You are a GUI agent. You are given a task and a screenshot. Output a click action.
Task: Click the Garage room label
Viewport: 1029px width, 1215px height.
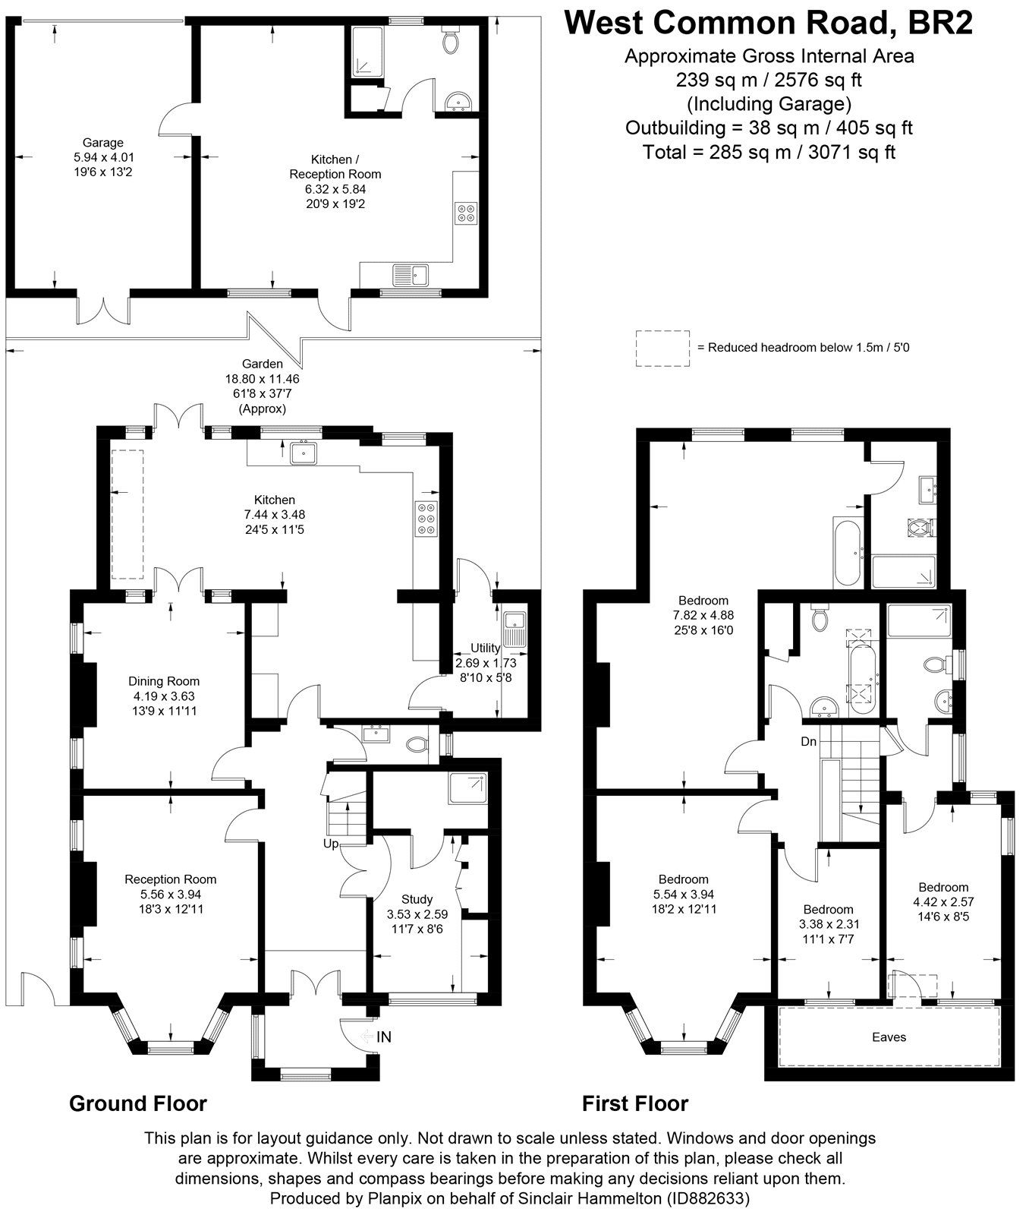103,143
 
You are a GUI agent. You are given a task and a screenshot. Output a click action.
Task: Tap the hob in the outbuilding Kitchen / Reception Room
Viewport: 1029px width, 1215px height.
464,213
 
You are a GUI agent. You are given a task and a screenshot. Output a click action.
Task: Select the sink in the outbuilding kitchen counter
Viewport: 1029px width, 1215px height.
410,273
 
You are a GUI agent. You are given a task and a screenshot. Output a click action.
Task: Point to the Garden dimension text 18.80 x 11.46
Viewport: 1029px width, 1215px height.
263,379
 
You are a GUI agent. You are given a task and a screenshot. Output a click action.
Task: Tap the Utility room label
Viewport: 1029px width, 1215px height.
485,648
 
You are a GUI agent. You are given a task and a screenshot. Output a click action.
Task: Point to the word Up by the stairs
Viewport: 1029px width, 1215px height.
330,843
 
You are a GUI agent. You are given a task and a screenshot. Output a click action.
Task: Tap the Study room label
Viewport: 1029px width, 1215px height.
417,899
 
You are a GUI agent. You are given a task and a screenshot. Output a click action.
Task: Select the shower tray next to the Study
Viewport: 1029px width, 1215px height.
467,788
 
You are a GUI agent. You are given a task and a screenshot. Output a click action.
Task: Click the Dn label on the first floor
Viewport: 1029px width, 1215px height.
808,741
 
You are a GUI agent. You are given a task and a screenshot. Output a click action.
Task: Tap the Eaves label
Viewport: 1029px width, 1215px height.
889,1037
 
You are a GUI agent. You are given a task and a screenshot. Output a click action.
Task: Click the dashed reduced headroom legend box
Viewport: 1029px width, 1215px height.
662,349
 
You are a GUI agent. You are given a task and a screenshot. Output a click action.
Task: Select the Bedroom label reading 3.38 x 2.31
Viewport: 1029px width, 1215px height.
828,910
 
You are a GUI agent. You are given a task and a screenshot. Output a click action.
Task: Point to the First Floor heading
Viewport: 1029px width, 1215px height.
634,1103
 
